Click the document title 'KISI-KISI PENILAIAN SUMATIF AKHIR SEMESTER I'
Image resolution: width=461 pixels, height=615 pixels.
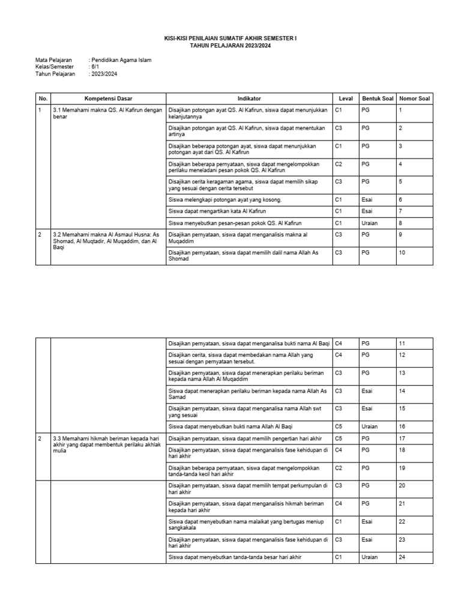[230, 38]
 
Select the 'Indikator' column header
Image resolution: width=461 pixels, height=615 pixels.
[249, 98]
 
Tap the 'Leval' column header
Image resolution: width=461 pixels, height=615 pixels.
[346, 98]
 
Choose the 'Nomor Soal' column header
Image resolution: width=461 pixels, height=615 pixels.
[415, 98]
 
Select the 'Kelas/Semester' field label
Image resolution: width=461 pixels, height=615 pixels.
[54, 67]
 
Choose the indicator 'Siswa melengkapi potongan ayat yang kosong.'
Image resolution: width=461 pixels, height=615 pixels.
[225, 199]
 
